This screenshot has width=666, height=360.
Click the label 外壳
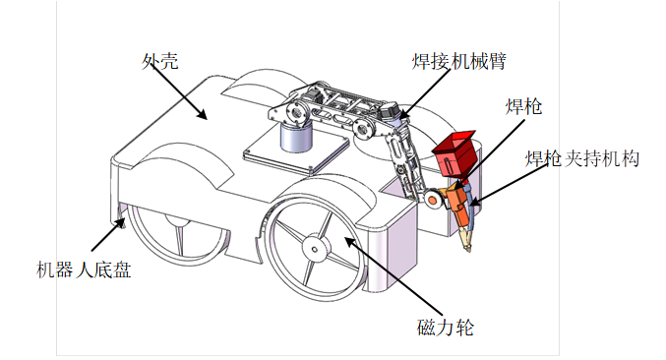click(x=159, y=61)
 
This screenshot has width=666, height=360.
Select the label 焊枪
click(x=524, y=106)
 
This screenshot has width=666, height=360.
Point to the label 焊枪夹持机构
click(x=583, y=158)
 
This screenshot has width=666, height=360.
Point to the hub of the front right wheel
click(x=313, y=249)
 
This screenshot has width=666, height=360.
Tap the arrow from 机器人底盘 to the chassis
click(x=107, y=235)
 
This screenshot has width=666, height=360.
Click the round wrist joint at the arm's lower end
click(x=432, y=200)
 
